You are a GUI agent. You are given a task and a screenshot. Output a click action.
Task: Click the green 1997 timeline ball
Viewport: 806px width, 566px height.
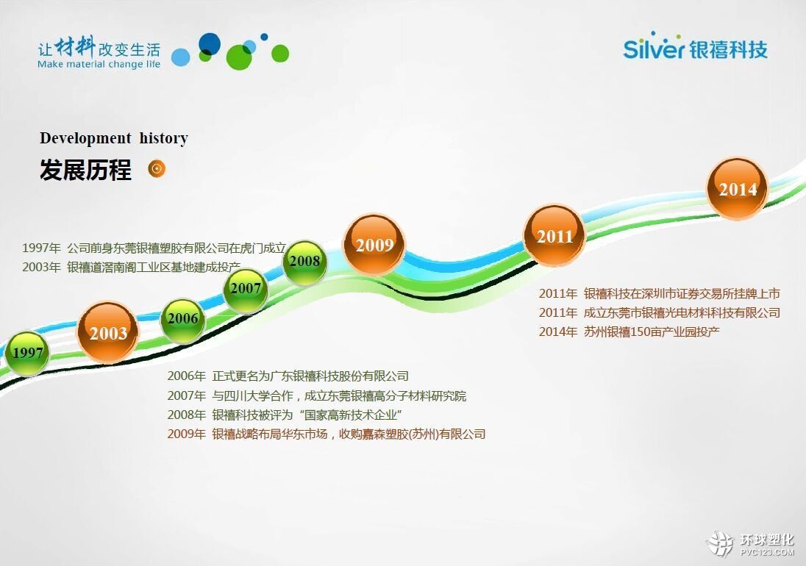28,352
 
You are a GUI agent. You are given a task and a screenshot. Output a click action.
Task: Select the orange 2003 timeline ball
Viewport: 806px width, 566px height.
108,332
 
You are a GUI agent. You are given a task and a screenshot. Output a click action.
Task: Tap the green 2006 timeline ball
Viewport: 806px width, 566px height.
183,320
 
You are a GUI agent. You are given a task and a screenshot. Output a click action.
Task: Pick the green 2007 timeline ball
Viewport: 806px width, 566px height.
245,290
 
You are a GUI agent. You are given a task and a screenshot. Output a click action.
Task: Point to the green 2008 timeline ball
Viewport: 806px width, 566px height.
304,262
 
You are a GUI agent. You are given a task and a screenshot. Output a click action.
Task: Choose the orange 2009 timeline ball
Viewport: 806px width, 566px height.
374,245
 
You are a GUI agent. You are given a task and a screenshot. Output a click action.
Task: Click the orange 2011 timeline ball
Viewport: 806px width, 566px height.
554,236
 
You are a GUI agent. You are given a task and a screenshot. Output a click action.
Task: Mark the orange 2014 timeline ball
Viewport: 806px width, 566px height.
737,188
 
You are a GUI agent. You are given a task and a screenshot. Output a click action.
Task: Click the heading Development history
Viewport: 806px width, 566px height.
113,138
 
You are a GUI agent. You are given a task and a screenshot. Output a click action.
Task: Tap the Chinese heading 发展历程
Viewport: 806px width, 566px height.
85,170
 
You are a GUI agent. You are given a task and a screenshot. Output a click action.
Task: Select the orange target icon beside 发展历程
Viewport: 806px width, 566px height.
157,168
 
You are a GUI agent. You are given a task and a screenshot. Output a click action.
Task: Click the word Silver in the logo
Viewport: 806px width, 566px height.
653,47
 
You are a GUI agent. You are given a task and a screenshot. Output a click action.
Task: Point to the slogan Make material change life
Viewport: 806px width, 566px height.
99,64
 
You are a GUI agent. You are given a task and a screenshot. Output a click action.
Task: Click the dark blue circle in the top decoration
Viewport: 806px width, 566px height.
209,44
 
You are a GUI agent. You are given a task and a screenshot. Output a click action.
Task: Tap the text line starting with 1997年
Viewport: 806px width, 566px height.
154,248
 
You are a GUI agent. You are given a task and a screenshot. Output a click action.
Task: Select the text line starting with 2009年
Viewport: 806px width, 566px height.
327,434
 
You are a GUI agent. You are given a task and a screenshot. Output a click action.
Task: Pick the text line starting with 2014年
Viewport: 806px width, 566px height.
630,332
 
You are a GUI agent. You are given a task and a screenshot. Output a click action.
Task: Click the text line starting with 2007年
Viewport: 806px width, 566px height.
317,395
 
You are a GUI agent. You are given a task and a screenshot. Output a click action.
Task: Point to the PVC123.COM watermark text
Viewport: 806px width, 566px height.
767,552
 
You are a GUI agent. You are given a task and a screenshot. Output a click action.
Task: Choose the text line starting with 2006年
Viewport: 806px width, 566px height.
288,376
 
